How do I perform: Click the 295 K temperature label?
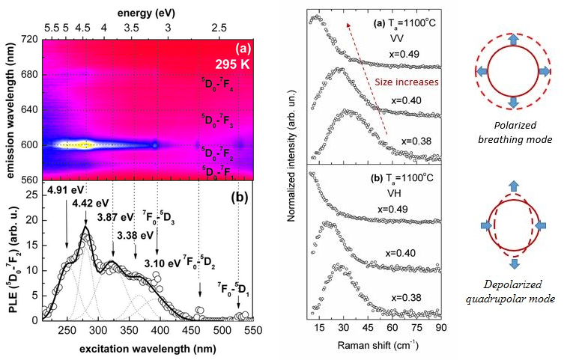pyautogui.click(x=233, y=61)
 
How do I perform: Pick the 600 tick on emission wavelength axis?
pyautogui.click(x=28, y=145)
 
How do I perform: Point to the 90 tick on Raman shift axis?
pyautogui.click(x=440, y=328)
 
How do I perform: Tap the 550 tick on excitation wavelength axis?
pyautogui.click(x=252, y=329)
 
